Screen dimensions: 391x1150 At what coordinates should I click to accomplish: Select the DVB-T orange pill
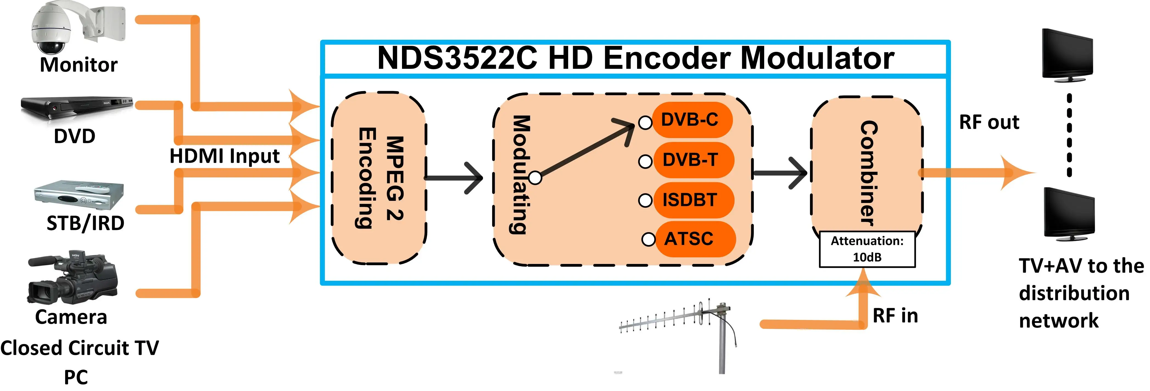pyautogui.click(x=692, y=160)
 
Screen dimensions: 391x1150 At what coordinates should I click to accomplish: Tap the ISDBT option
pyautogui.click(x=692, y=200)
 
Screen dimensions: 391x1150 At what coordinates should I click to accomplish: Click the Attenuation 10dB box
pyautogui.click(x=867, y=249)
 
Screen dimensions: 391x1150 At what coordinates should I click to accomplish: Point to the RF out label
pyautogui.click(x=989, y=122)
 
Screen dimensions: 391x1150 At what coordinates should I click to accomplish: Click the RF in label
pyautogui.click(x=895, y=316)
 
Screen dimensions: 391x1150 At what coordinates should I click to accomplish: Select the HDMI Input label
pyautogui.click(x=225, y=156)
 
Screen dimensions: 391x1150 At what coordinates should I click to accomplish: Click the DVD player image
pyautogui.click(x=76, y=107)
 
